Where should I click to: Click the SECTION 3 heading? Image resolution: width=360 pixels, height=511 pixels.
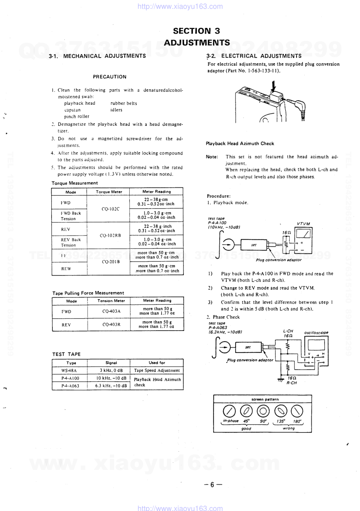[197, 31]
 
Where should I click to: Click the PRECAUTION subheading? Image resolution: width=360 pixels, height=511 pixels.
[110, 77]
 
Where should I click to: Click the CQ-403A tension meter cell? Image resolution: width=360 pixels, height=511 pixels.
[111, 311]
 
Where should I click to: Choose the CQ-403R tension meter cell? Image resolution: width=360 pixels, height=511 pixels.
[111, 324]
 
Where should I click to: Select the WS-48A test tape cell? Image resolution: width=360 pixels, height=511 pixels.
[69, 371]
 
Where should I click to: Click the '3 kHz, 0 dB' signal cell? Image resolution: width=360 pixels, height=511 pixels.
[111, 371]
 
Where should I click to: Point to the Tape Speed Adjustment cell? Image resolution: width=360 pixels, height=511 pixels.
[157, 371]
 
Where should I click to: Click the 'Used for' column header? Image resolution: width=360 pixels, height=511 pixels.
[157, 363]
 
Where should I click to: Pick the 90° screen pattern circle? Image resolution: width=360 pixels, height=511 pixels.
[263, 411]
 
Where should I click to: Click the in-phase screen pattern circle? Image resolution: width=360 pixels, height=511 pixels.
[229, 411]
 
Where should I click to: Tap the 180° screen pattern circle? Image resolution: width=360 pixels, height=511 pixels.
[297, 411]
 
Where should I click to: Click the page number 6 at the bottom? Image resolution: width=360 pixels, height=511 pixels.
[212, 485]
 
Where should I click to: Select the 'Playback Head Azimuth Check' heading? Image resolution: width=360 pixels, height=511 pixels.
[240, 144]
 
